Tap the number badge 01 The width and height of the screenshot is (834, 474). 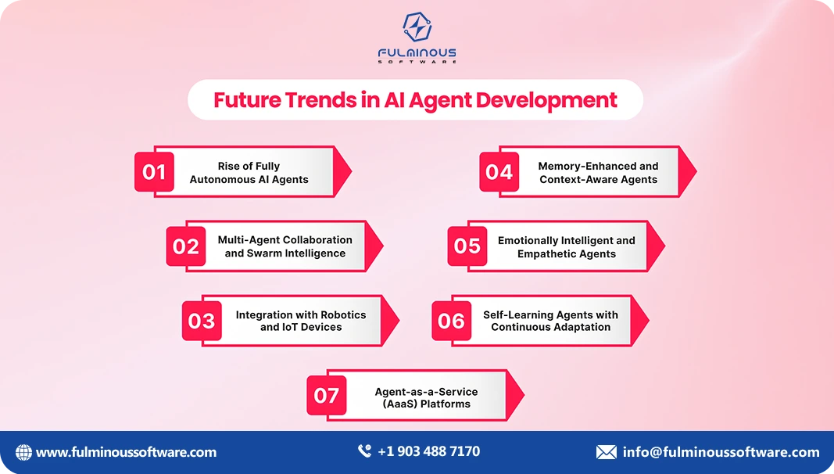[x=155, y=172]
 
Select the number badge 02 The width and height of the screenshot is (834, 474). [x=186, y=247]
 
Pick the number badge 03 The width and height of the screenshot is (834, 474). [x=202, y=321]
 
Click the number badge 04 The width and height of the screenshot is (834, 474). [x=499, y=172]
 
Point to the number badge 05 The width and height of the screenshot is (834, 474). [x=467, y=246]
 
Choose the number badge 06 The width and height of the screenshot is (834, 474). [x=452, y=321]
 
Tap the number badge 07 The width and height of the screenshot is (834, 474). [x=327, y=396]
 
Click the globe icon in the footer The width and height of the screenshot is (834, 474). [x=24, y=452]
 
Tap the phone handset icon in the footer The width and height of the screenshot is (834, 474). [x=364, y=451]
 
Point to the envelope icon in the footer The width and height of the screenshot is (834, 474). [x=607, y=452]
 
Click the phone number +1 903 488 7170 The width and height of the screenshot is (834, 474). [x=428, y=451]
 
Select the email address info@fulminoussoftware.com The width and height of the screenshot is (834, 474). [x=721, y=452]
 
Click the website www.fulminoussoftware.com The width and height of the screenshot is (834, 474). [x=126, y=452]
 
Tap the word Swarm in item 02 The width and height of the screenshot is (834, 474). [x=267, y=253]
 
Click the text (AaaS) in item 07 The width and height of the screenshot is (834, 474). [x=396, y=404]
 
